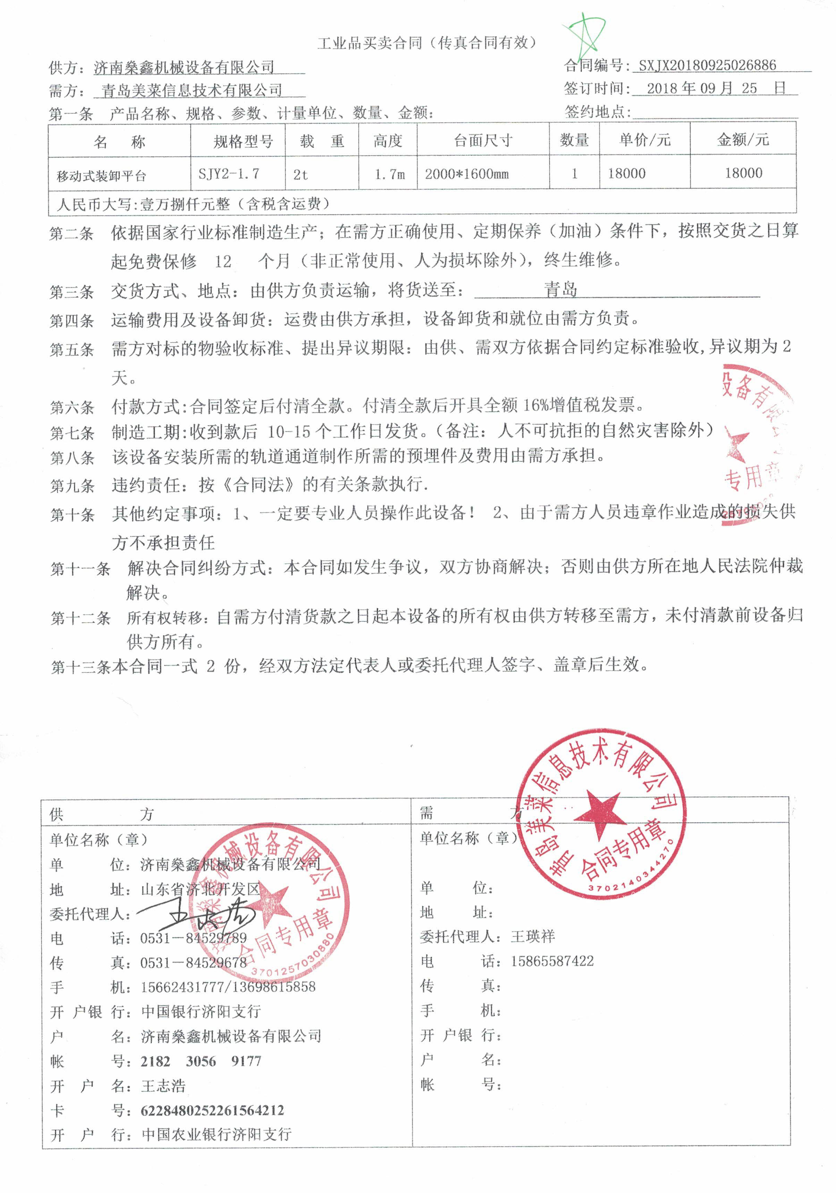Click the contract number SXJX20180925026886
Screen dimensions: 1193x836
click(707, 66)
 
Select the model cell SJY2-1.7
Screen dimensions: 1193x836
click(229, 174)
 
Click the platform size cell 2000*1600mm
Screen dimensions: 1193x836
click(466, 174)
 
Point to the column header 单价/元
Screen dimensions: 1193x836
click(644, 140)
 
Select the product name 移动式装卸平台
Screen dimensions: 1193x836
click(101, 176)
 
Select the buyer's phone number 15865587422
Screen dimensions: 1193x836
click(552, 961)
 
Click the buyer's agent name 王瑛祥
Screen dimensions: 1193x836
click(533, 936)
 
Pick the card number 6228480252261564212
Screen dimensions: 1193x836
click(212, 1110)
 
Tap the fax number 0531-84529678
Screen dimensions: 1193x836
click(193, 962)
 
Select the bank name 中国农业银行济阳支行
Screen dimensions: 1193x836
click(216, 1134)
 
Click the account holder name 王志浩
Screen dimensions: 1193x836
click(163, 1085)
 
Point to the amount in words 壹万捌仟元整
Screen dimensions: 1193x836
click(185, 204)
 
